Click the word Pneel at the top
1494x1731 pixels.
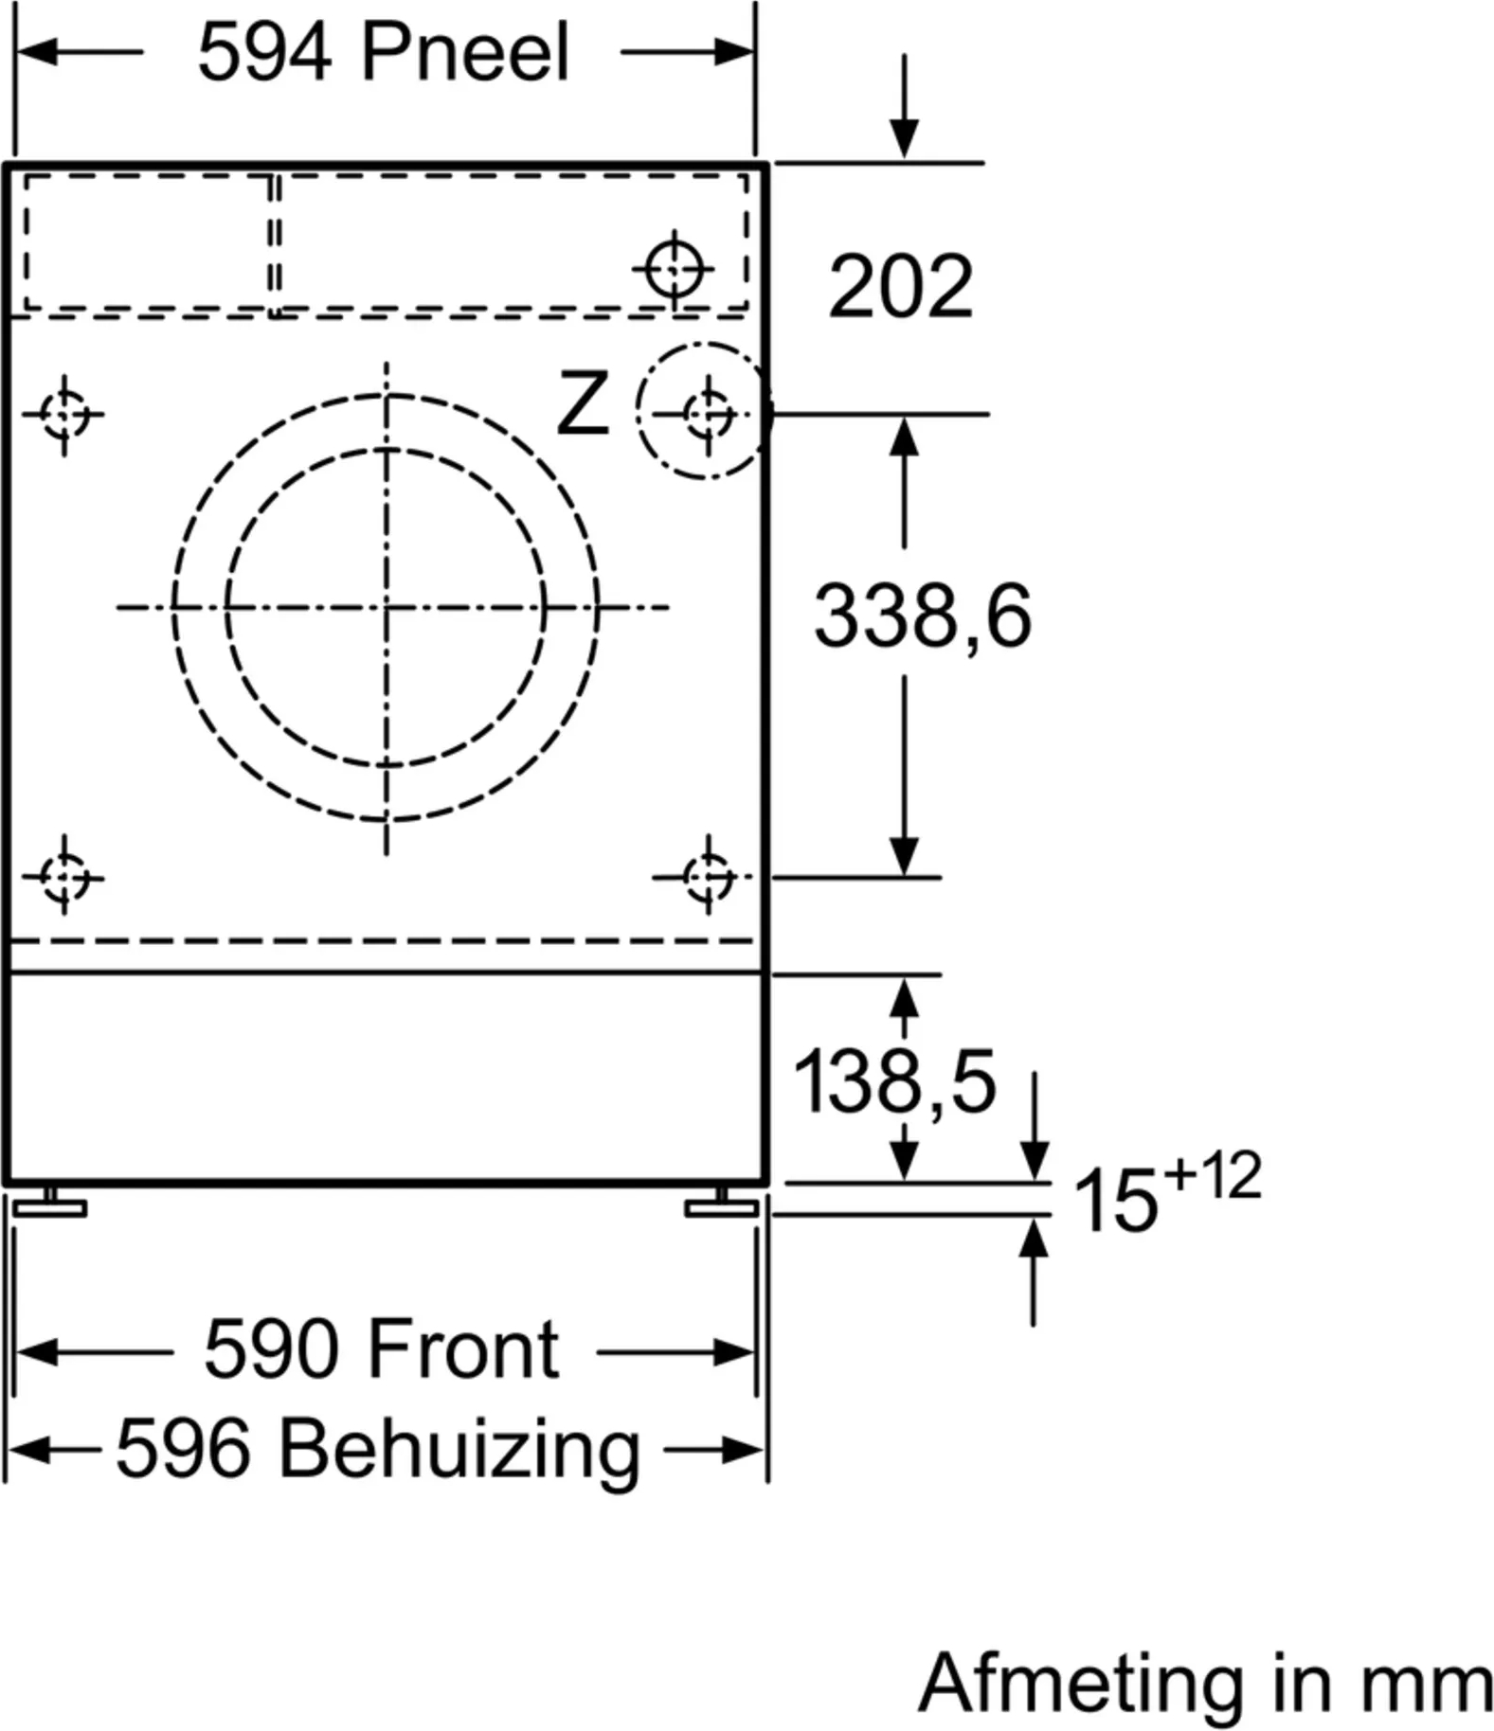[x=465, y=53]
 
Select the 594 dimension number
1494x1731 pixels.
[x=264, y=53]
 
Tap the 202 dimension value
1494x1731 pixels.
[x=900, y=286]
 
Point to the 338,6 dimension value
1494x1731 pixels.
[x=923, y=616]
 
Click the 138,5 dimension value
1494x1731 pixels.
[x=894, y=1081]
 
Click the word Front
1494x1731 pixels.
[x=462, y=1349]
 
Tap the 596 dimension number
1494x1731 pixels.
[x=183, y=1449]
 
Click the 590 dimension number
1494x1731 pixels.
[x=272, y=1349]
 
